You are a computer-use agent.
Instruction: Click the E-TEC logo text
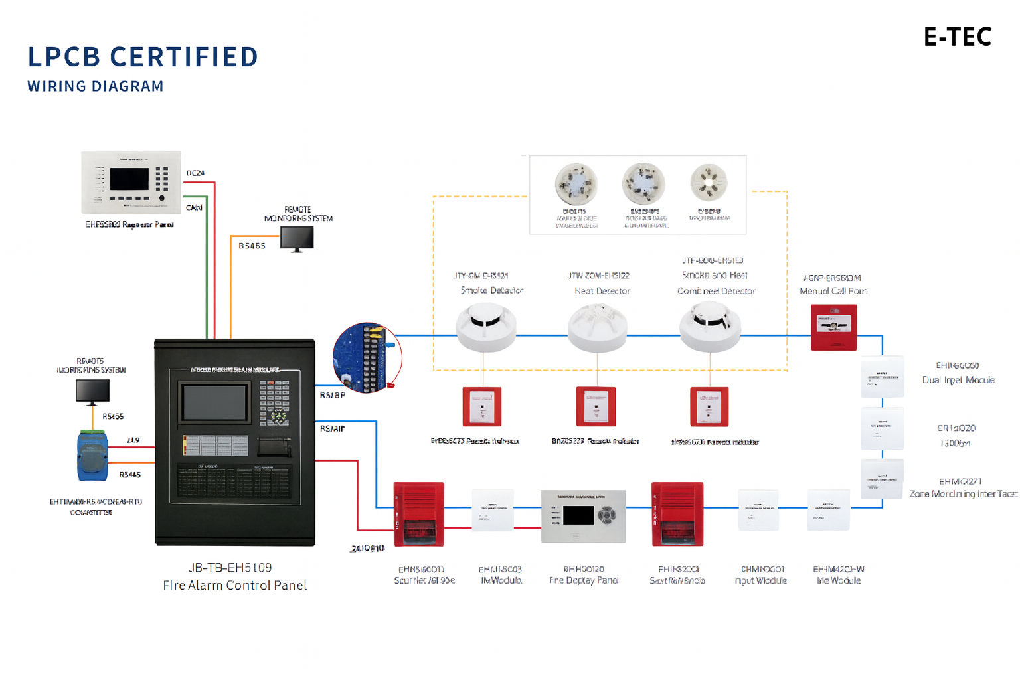click(x=958, y=37)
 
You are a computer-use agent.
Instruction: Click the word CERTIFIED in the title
click(x=184, y=57)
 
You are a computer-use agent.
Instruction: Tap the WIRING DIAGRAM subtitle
click(x=96, y=86)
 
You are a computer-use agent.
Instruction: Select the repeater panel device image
click(x=131, y=182)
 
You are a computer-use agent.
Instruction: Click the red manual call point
click(x=833, y=327)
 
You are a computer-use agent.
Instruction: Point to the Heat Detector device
click(x=597, y=328)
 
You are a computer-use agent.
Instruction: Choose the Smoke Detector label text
click(x=492, y=290)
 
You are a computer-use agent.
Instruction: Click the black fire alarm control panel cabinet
click(x=234, y=442)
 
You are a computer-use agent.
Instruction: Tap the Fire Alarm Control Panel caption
click(x=235, y=585)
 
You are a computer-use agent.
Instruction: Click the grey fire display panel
click(x=583, y=516)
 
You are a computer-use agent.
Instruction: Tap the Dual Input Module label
click(x=958, y=380)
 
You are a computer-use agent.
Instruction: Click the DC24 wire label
click(x=195, y=173)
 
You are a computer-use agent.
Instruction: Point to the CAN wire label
click(x=194, y=208)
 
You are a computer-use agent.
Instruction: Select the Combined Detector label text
click(x=717, y=291)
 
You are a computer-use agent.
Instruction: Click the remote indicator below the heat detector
click(x=596, y=406)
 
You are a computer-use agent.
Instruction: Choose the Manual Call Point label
click(x=833, y=291)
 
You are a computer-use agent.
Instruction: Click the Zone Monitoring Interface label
click(x=963, y=494)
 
